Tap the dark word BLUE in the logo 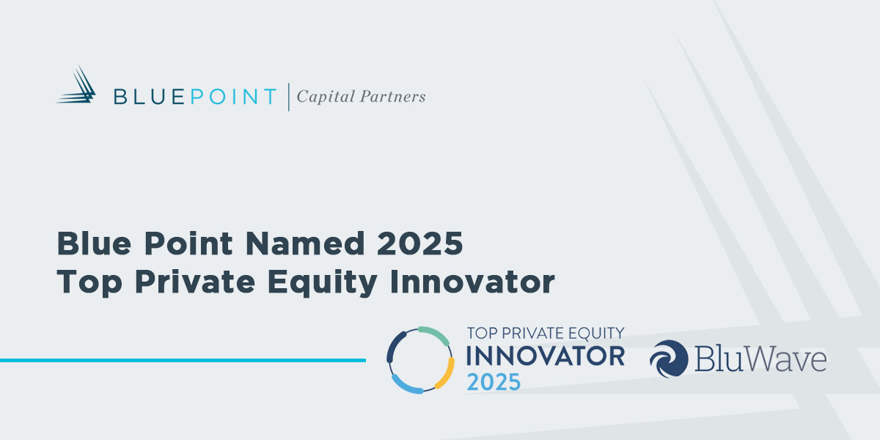point(150,97)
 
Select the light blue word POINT point(234,97)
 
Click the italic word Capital point(326,97)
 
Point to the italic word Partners point(393,97)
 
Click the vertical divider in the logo point(289,97)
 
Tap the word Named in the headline point(305,243)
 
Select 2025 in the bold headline point(420,243)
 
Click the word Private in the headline point(195,282)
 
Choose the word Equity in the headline point(323,283)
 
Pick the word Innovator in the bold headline point(472,282)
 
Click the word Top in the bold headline point(89,283)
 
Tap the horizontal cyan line point(183,360)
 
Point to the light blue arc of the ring point(405,386)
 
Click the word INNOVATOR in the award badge point(546,356)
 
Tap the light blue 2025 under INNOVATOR point(494,382)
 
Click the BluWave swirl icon point(669,359)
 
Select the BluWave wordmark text point(761,359)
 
